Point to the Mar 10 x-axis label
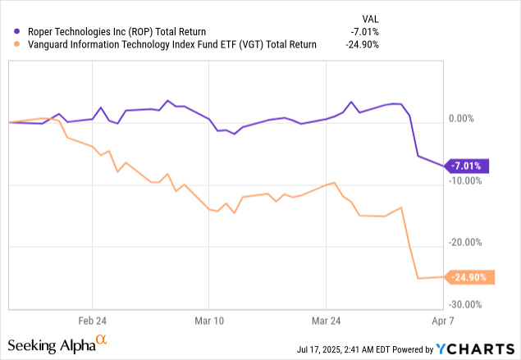(x=209, y=320)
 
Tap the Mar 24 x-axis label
(x=326, y=320)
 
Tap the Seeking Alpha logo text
(x=57, y=344)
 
